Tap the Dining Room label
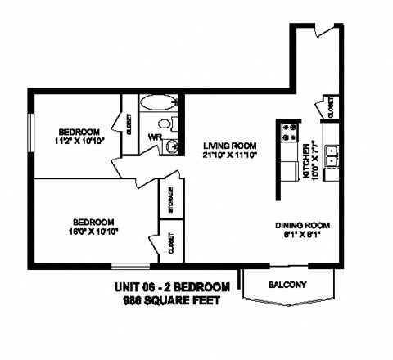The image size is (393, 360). tap(302, 225)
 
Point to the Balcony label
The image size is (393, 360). tap(287, 285)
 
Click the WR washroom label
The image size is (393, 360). tap(154, 137)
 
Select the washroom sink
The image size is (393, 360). tap(171, 146)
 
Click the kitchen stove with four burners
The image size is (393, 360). tap(289, 131)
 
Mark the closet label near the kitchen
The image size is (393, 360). tap(332, 107)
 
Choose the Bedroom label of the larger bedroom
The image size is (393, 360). tap(93, 222)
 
